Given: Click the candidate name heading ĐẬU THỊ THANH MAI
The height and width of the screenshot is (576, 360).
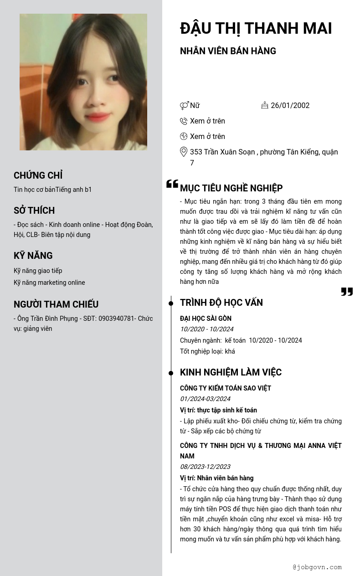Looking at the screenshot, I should coord(256,28).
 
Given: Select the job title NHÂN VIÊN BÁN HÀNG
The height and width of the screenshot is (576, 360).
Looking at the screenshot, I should coord(228,51).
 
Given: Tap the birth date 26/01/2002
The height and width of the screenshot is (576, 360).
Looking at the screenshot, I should coord(290,106).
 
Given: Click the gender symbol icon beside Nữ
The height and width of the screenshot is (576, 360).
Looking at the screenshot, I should coord(184,106).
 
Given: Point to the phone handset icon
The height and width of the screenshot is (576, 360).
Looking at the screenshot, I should coord(184,121).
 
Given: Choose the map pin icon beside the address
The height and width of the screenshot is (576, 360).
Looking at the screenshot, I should coord(184,152).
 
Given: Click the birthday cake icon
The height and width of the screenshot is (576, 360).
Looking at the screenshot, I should coord(265,105).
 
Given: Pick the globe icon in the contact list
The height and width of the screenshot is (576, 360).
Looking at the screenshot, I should coord(184,136).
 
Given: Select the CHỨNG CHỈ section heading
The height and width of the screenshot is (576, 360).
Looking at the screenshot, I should coord(38,175).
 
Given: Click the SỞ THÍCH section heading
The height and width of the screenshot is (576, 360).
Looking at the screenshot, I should coord(34,211).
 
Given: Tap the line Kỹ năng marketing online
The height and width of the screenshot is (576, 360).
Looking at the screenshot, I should coord(49,283).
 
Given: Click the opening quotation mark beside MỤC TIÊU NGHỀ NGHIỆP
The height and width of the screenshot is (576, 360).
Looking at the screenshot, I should coord(172,184).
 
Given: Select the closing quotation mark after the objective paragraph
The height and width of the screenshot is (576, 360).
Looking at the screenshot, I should coord(347,292).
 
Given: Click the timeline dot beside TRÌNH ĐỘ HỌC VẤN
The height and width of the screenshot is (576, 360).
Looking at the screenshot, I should coord(171,303).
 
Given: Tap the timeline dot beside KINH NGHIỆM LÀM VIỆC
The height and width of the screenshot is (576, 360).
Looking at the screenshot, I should coord(171,373).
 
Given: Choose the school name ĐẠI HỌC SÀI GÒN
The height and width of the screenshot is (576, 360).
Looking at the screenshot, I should coord(206,319).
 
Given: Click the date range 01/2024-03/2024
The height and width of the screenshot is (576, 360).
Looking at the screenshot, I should coord(205,399).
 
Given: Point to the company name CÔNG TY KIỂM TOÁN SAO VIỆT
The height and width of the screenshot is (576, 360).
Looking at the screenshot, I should coord(226,388).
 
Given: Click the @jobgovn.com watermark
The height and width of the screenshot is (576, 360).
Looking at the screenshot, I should coord(317,567).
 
